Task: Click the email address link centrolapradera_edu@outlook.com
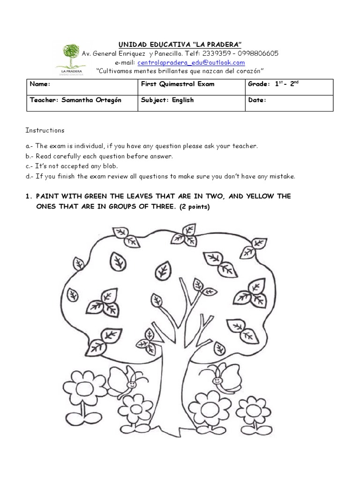click(191, 62)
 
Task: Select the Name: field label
click(40, 84)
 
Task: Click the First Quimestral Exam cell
click(178, 84)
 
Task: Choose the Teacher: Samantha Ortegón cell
click(76, 100)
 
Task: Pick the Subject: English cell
click(167, 100)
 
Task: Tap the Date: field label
click(257, 100)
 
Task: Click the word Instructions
click(45, 130)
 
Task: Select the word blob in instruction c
click(111, 166)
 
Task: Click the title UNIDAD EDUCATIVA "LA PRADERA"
click(180, 45)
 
